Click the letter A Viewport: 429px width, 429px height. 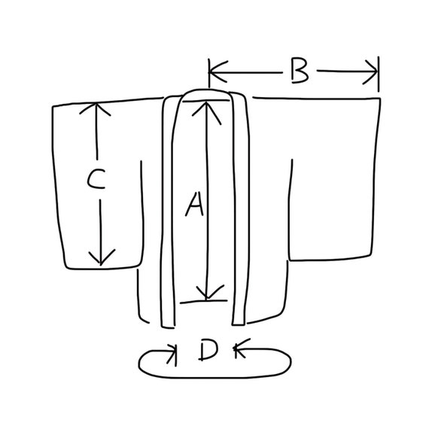pyautogui.click(x=195, y=204)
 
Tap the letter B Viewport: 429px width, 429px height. pyautogui.click(x=300, y=70)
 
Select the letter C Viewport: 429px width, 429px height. pyautogui.click(x=96, y=178)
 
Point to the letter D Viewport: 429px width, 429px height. pyautogui.click(x=208, y=350)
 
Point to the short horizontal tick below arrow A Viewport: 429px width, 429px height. pyautogui.click(x=203, y=302)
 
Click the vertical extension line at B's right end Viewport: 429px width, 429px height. pyautogui.click(x=379, y=75)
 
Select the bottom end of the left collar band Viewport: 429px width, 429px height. pyautogui.click(x=168, y=327)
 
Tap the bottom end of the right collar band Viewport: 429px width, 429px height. pyautogui.click(x=238, y=324)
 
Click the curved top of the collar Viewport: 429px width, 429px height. pyautogui.click(x=205, y=90)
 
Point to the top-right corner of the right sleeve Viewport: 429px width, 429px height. pyautogui.click(x=380, y=99)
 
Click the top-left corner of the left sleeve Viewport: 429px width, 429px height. pyautogui.click(x=53, y=106)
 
